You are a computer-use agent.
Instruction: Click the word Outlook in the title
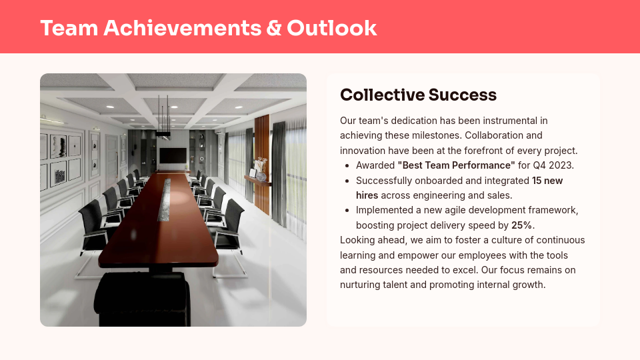[x=331, y=28]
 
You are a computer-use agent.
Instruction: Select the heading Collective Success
[x=418, y=95]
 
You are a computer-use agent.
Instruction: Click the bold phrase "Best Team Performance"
[x=456, y=165]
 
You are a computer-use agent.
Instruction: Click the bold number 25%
[x=523, y=225]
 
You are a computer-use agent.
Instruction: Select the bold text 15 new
[x=547, y=181]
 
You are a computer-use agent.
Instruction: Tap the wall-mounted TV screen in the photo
[x=173, y=156]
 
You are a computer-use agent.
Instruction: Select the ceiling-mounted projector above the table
[x=163, y=135]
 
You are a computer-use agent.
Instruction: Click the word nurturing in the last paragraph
[x=361, y=285]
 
